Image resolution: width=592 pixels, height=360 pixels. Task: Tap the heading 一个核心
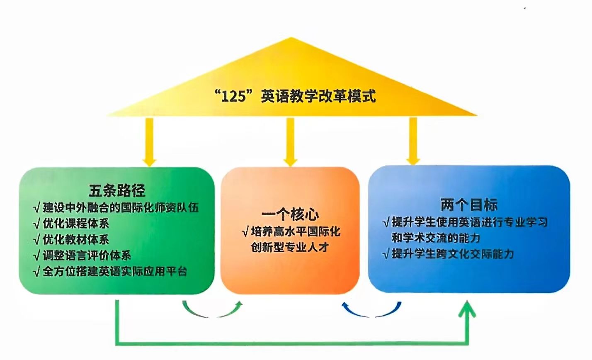[x=290, y=215]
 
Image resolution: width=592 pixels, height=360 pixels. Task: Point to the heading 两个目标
[x=468, y=205]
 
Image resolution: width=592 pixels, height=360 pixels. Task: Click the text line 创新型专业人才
[x=290, y=247]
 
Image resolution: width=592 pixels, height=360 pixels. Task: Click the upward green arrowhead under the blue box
[x=469, y=309]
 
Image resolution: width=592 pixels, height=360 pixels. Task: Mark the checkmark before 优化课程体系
[x=36, y=224]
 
